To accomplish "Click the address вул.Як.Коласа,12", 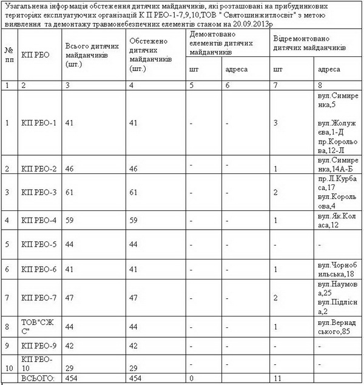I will coord(338,221).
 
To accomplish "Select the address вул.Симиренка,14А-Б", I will coord(338,164).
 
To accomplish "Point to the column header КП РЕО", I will coord(35,55).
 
